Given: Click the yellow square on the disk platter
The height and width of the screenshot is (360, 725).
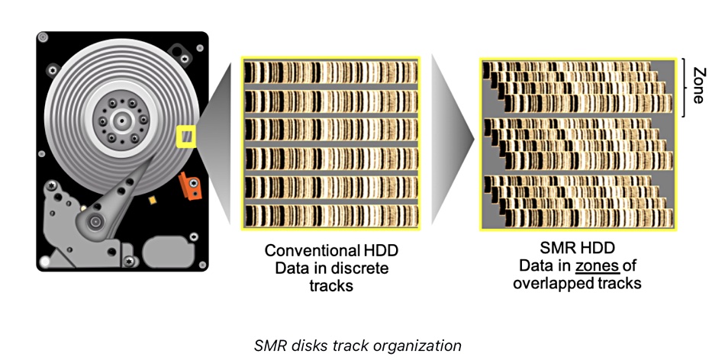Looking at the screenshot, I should point(185,137).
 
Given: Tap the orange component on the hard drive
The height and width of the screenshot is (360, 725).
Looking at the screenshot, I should point(188,185).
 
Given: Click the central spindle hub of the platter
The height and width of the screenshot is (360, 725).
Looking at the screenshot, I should point(121,121).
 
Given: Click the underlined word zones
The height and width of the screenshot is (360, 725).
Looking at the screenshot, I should point(594,266).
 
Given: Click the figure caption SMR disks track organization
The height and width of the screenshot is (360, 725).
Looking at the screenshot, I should point(357,346).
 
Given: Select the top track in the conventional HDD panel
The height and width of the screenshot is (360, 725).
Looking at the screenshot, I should point(331,73).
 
